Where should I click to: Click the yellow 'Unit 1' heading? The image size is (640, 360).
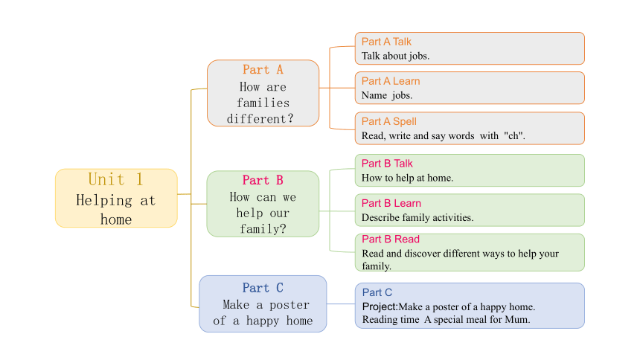116,179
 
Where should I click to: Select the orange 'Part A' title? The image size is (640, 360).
263,69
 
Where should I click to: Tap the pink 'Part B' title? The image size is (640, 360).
263,180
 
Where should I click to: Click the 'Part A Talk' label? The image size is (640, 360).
386,42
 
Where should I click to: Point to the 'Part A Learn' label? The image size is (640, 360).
391,81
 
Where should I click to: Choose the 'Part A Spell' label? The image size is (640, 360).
389,122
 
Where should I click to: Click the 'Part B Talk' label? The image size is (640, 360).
387,164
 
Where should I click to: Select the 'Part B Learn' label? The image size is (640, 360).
391,203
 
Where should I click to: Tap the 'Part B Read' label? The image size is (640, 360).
391,240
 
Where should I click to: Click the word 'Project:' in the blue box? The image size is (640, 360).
380,307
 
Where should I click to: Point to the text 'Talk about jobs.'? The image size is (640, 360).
395,56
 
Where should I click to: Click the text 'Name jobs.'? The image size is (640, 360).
387,95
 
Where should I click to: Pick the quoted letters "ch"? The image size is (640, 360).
514,135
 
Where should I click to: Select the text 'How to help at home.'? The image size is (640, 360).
407,178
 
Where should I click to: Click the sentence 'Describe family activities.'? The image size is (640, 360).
417,217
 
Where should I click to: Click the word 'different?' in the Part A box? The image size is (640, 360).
260,119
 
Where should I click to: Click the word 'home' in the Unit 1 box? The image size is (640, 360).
116,219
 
